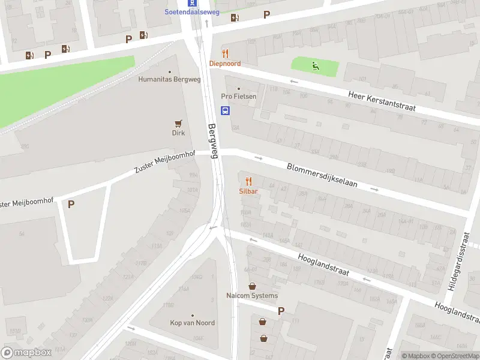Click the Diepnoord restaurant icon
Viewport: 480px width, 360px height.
(x=225, y=53)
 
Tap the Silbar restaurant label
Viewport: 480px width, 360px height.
(x=248, y=191)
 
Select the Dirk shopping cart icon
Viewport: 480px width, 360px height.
(x=178, y=124)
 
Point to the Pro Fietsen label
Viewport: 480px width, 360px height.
(x=238, y=97)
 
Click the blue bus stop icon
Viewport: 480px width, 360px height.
(x=226, y=110)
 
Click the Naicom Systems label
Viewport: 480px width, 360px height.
(x=252, y=296)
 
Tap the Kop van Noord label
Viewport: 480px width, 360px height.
(x=192, y=323)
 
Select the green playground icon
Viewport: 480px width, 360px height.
(x=316, y=66)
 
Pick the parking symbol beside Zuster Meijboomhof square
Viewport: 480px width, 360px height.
(x=71, y=204)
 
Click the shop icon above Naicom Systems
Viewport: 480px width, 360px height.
(x=253, y=286)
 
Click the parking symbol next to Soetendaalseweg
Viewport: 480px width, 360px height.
(x=266, y=15)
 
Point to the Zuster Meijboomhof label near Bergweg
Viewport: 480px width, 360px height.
(x=164, y=163)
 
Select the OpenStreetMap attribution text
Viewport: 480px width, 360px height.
(x=458, y=356)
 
